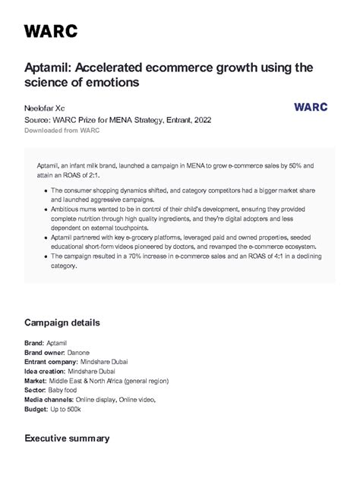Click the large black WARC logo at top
point(51,31)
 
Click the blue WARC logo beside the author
point(311,107)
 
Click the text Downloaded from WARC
point(62,131)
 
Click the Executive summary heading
point(67,438)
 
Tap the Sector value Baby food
point(63,390)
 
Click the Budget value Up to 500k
point(65,409)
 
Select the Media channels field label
point(49,399)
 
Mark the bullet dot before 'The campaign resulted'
point(47,256)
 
